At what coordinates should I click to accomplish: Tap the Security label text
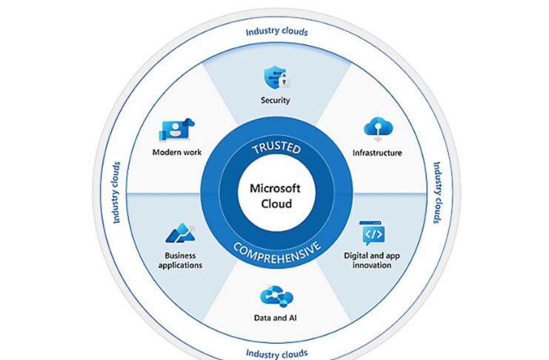coord(275,100)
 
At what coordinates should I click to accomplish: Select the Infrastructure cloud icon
coord(378,129)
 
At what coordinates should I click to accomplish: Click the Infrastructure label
coord(378,153)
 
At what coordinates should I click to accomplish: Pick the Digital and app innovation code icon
coord(373,233)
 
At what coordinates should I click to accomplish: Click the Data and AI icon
coord(276,297)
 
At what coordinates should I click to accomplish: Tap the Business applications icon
coord(179,233)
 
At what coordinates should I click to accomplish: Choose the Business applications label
coord(178,260)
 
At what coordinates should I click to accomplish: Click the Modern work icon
coord(176,130)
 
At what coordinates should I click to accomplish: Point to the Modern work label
coord(176,153)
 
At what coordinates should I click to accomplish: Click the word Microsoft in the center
coord(276,190)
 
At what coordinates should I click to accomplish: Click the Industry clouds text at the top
coord(276,32)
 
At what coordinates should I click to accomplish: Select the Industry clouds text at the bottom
coord(276,353)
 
